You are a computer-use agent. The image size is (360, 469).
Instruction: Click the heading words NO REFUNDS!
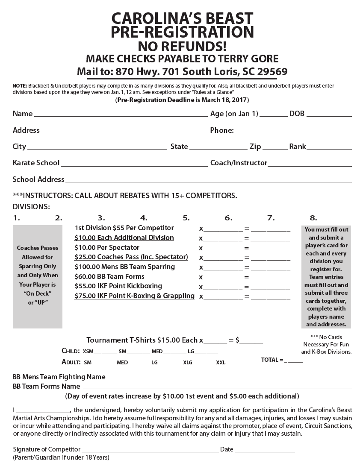182,46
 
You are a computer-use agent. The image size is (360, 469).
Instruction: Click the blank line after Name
121,115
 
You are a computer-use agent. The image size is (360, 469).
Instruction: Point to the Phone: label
222,130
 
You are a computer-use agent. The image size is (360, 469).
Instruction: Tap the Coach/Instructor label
239,163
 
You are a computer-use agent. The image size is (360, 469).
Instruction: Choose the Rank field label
298,147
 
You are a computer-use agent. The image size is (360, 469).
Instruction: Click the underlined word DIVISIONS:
31,207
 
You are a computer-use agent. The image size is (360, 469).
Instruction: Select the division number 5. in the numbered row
186,218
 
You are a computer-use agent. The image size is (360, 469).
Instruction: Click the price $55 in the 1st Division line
118,228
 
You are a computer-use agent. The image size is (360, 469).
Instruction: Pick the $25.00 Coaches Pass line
131,257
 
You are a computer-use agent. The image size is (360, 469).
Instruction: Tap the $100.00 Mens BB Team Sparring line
124,267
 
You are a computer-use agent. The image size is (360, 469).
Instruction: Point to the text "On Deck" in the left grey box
38,293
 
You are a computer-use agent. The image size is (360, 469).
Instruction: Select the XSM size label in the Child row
88,352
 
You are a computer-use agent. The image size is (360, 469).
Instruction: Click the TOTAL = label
272,360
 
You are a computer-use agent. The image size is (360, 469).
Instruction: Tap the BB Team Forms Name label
46,387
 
